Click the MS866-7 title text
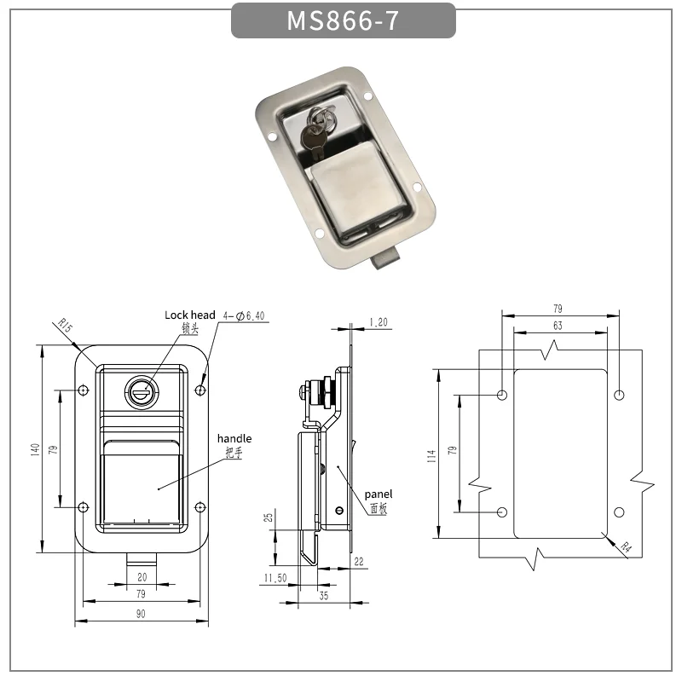343,20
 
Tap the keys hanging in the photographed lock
317,130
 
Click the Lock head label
190,315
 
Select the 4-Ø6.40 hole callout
244,315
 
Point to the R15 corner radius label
65,327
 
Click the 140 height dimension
35,449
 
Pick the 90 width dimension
141,614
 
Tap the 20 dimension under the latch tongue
142,577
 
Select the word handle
234,438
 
